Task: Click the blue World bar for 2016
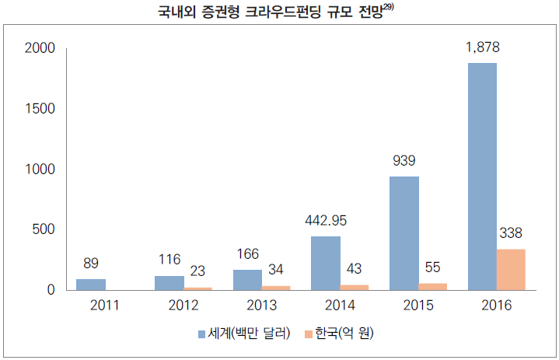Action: pos(481,176)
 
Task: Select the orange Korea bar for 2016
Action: pos(511,270)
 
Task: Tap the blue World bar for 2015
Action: pos(404,233)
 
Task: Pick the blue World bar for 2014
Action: pos(326,263)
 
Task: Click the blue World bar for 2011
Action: pos(91,285)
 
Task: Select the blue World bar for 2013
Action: pos(247,280)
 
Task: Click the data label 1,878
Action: pos(482,47)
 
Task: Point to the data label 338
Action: pos(511,233)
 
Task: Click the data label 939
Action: pos(404,161)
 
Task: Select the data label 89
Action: pos(90,264)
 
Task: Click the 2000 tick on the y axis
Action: pos(40,49)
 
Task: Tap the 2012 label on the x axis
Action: pos(184,306)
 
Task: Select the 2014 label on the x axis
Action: pos(340,306)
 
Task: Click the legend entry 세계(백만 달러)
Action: pos(248,334)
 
